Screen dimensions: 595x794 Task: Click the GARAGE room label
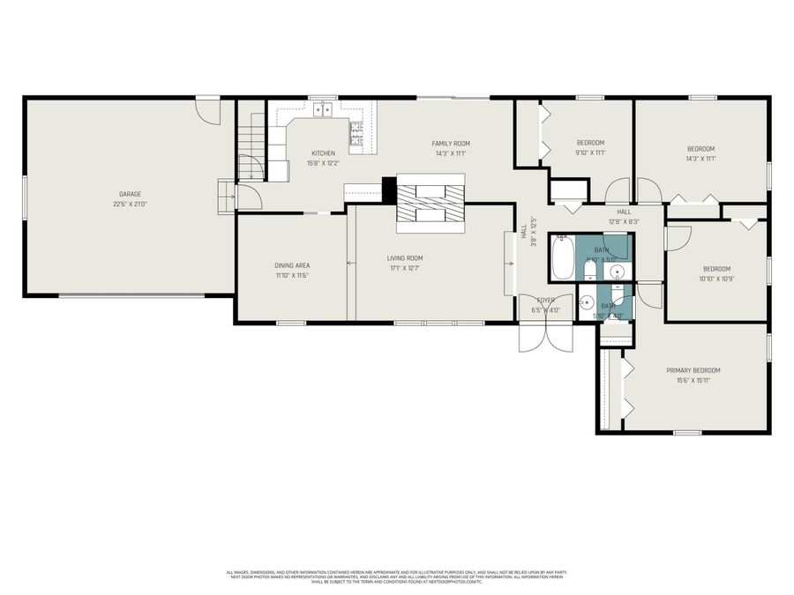point(130,194)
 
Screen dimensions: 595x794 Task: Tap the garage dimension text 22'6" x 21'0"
point(130,204)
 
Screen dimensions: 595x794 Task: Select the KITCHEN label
point(323,153)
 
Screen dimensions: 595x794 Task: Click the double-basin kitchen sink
point(324,109)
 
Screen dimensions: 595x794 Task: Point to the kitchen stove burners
point(356,131)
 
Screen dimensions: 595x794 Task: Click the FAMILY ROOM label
point(450,143)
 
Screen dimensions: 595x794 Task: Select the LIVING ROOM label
point(405,258)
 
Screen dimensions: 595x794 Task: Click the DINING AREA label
point(292,265)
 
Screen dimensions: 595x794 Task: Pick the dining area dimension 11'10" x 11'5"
point(292,275)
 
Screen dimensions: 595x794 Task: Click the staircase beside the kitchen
point(252,141)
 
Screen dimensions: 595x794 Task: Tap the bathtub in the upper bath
point(563,258)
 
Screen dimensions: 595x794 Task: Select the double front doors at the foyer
point(547,337)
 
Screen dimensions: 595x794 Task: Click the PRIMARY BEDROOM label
point(693,370)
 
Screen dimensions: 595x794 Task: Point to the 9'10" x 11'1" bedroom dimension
point(590,152)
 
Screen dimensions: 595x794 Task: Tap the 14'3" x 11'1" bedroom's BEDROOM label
point(700,149)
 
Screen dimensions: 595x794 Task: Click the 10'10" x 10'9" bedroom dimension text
point(716,279)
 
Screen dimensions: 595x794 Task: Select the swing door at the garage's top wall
point(208,111)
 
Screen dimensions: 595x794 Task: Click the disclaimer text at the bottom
point(397,576)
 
